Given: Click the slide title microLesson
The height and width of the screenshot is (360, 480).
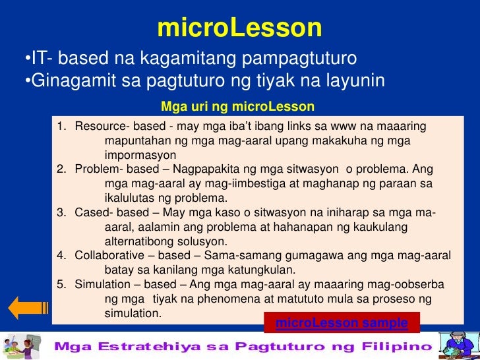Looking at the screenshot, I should pyautogui.click(x=239, y=28).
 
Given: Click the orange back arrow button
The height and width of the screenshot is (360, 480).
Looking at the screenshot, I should pyautogui.click(x=27, y=308).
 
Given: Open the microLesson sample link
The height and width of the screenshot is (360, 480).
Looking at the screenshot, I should pyautogui.click(x=342, y=323).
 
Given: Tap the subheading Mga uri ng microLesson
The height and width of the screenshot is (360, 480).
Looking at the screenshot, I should pyautogui.click(x=238, y=107).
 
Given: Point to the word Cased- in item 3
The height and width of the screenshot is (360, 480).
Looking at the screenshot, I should pyautogui.click(x=95, y=212).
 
